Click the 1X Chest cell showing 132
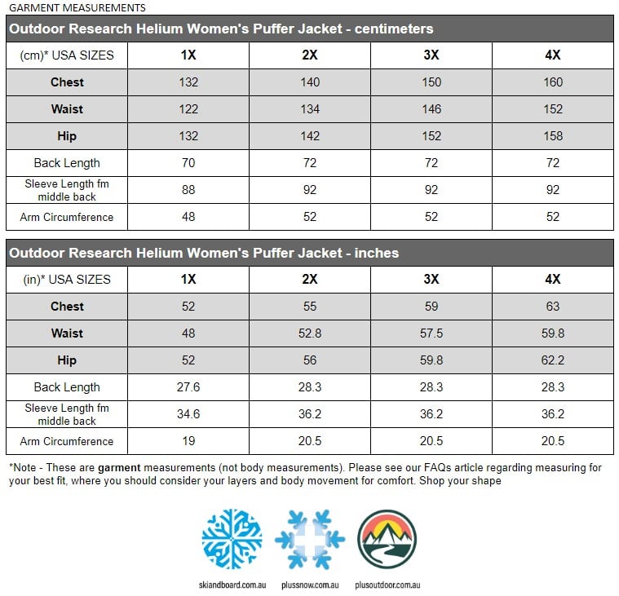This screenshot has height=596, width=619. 188,82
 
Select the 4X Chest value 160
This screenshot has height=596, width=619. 553,82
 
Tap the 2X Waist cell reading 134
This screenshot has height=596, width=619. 310,109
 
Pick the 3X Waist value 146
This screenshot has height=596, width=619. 431,109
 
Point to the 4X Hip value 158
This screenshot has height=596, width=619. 553,136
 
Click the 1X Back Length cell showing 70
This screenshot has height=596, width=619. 188,163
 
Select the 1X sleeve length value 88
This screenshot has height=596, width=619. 188,190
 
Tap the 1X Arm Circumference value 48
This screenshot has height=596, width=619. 188,217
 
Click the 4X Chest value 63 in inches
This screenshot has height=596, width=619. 553,307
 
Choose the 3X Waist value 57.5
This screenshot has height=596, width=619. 431,333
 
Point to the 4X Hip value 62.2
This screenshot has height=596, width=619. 553,360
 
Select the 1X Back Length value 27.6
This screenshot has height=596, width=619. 188,387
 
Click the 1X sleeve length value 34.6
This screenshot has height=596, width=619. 188,414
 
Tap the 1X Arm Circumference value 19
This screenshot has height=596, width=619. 188,441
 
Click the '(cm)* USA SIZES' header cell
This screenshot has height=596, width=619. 67,55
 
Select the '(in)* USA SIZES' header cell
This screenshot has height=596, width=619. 67,280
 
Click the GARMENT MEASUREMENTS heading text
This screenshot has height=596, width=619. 77,7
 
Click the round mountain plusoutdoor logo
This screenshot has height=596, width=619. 387,539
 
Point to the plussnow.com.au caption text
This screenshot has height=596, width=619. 310,585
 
